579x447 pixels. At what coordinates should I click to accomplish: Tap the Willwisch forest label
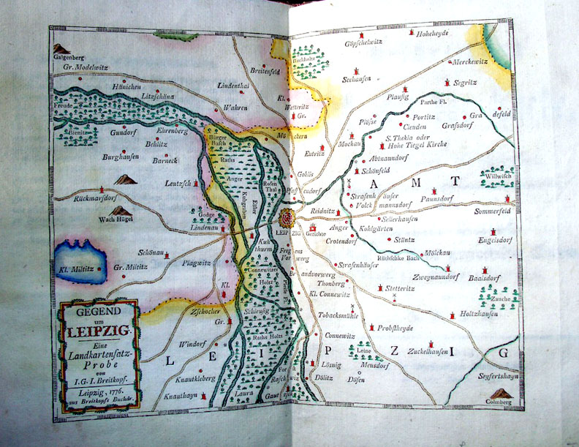point(492,176)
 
